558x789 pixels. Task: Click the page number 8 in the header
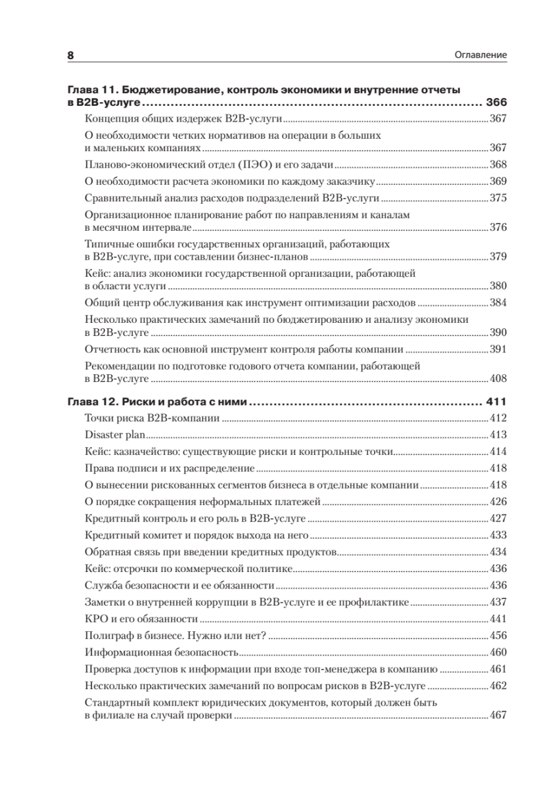pyautogui.click(x=71, y=56)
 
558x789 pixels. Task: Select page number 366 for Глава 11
pyautogui.click(x=496, y=103)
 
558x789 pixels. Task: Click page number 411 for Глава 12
pyautogui.click(x=496, y=402)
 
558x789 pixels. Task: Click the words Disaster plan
pyautogui.click(x=114, y=435)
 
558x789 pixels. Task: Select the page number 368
pyautogui.click(x=499, y=164)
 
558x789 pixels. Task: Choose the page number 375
pyautogui.click(x=499, y=198)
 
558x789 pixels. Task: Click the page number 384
pyautogui.click(x=499, y=304)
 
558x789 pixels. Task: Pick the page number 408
pyautogui.click(x=499, y=379)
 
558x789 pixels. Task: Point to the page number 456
pyautogui.click(x=499, y=636)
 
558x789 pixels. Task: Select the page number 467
pyautogui.click(x=499, y=716)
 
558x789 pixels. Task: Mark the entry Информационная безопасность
pyautogui.click(x=161, y=653)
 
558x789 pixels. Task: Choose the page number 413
pyautogui.click(x=499, y=435)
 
